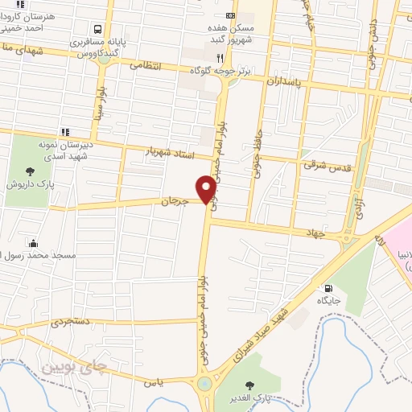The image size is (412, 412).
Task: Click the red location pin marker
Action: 207,189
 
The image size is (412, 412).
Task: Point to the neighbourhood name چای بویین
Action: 74,369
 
